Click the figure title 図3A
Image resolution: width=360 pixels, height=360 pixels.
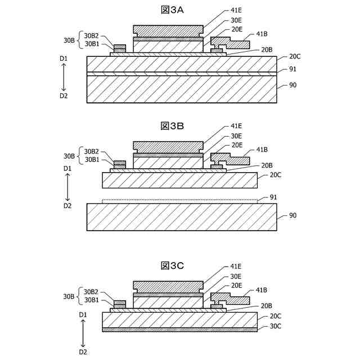(x=173, y=10)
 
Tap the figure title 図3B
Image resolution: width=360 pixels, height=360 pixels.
(x=173, y=125)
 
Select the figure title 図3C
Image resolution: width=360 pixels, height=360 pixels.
(x=173, y=265)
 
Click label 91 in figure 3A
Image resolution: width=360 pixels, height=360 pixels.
(x=292, y=69)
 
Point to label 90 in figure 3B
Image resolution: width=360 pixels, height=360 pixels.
(x=292, y=215)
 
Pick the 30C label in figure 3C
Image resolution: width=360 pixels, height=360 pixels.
(x=276, y=326)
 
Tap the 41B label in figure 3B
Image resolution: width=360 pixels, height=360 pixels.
(x=262, y=150)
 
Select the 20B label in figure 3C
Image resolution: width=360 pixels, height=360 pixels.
(x=267, y=306)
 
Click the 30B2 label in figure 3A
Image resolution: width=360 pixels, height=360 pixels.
(x=92, y=35)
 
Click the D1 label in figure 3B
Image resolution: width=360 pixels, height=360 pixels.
(x=67, y=169)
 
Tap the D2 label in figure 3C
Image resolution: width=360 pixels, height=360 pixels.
(x=83, y=352)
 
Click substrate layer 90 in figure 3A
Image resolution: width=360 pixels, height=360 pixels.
(x=182, y=90)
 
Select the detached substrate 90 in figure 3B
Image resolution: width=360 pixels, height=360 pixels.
(x=182, y=217)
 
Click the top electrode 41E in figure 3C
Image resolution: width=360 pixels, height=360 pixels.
(x=168, y=286)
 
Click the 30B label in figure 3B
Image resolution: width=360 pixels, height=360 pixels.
(x=69, y=156)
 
